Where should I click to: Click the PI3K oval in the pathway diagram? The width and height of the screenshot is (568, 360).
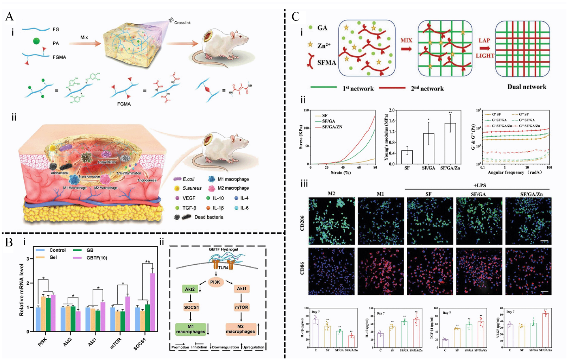tap(215, 282)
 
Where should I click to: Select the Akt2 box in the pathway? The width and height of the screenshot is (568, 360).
tap(190, 289)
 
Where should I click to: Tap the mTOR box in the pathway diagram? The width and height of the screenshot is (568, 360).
tap(241, 307)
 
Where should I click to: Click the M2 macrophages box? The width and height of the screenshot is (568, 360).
tap(240, 329)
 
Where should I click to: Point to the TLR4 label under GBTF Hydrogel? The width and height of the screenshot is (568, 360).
tap(223, 268)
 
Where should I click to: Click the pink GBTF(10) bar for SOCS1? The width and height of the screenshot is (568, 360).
tap(152, 302)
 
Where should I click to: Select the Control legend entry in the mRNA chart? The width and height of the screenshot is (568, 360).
tap(57, 250)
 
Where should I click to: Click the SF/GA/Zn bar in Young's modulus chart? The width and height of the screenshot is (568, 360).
tap(450, 143)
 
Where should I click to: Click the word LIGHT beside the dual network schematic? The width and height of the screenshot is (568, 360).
tap(485, 56)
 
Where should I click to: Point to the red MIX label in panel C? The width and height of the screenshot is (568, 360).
tap(406, 40)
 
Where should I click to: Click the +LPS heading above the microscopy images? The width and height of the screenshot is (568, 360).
tap(479, 185)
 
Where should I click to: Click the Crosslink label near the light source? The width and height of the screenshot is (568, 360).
tap(182, 23)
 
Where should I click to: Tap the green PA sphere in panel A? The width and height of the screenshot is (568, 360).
tap(37, 41)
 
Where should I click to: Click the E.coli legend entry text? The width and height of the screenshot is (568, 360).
tap(188, 179)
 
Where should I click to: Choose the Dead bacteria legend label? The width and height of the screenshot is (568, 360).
tap(209, 217)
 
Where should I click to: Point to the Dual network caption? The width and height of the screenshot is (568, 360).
tap(527, 87)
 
